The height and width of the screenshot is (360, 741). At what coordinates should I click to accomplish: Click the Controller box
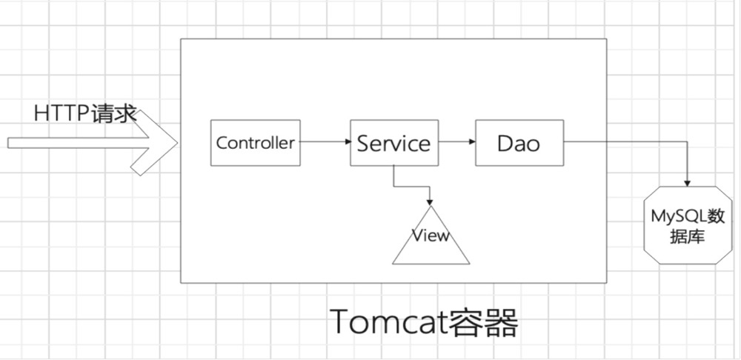tap(256, 142)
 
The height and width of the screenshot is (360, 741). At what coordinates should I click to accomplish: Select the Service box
tap(393, 142)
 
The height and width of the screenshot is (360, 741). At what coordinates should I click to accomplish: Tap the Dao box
tap(519, 142)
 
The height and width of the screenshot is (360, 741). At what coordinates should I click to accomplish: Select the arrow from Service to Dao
tap(455, 142)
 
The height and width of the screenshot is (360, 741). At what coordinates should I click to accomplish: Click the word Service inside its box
tap(393, 143)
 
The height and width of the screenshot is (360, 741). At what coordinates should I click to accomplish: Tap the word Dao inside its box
tap(519, 143)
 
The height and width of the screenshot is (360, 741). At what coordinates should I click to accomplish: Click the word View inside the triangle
tap(431, 236)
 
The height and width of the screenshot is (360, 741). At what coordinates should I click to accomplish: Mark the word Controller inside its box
tap(256, 143)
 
